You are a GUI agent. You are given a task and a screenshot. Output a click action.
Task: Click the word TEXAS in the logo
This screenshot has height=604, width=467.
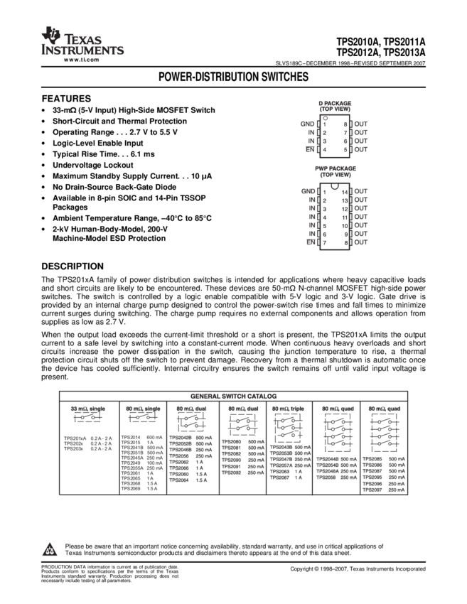82,39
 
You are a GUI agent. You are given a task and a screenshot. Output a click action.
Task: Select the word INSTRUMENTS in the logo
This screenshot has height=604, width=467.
82,51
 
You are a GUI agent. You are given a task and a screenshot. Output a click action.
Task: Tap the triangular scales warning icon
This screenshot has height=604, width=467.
49,550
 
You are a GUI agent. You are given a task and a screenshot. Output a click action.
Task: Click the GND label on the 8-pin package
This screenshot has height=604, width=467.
307,124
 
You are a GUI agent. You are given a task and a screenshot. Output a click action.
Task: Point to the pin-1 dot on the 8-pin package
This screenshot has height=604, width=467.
325,117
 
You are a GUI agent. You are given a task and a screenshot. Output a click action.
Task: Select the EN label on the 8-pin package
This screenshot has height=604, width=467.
309,150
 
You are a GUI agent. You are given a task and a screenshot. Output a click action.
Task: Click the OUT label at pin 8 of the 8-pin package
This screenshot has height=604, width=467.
361,124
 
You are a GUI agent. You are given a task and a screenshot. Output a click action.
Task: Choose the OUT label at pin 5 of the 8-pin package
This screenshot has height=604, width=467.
361,150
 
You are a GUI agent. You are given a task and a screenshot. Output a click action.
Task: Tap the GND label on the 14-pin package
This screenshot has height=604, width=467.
307,191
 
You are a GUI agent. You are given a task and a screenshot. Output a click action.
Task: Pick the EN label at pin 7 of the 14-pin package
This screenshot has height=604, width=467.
310,243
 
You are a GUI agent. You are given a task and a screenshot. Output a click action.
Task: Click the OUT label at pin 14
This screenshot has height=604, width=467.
361,191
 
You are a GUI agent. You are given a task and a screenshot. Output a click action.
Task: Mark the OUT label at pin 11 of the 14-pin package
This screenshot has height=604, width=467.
361,217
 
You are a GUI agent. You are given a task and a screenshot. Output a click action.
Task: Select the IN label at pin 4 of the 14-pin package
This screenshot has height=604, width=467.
311,217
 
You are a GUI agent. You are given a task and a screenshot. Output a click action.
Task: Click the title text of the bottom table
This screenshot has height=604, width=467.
233,396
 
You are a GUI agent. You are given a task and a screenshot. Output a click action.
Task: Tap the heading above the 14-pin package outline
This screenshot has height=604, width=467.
336,171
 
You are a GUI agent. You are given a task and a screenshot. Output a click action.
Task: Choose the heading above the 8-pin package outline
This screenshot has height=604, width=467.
336,104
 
